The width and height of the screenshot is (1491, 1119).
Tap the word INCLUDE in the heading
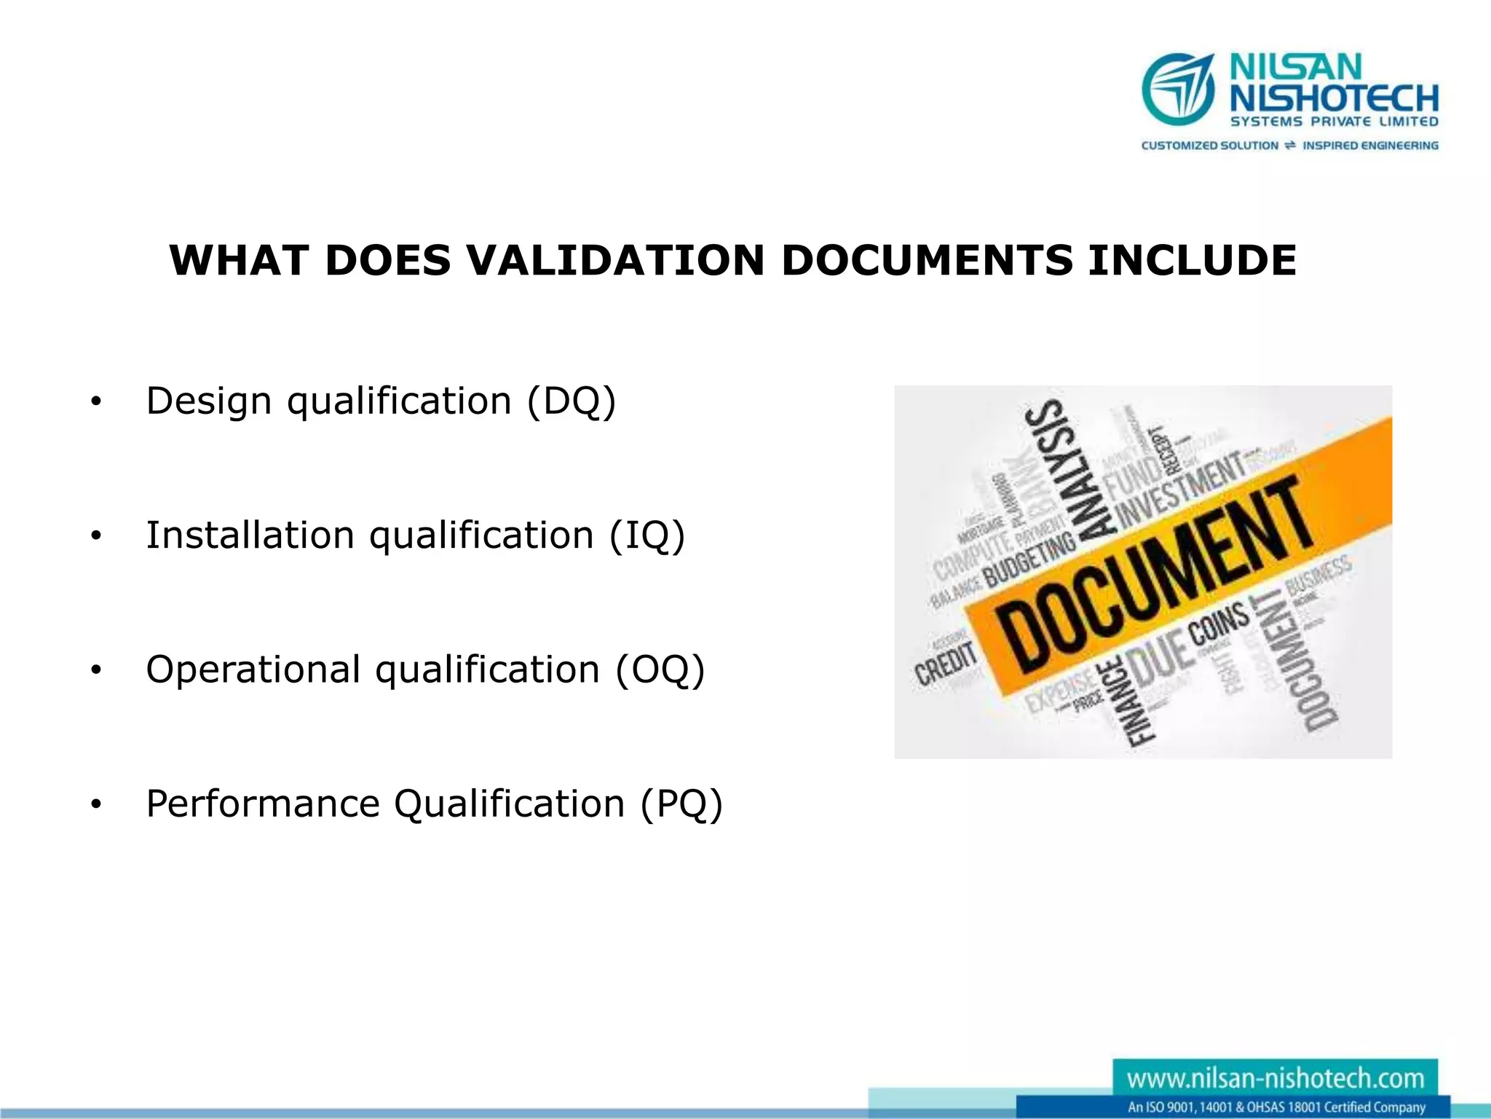click(x=1192, y=260)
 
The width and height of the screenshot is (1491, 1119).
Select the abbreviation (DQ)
click(x=571, y=401)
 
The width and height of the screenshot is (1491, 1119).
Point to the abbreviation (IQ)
click(x=646, y=535)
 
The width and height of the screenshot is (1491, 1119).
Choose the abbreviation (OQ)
click(x=660, y=670)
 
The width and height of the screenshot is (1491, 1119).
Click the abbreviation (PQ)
click(x=681, y=804)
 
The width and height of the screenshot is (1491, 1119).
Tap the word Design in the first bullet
click(x=209, y=401)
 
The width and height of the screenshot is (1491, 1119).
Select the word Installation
click(x=250, y=535)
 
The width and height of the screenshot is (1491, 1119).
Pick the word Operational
click(x=253, y=670)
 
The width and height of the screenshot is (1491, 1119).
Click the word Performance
click(x=262, y=804)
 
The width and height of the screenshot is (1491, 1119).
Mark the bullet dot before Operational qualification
click(x=95, y=670)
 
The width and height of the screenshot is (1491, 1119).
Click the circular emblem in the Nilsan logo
click(x=1178, y=89)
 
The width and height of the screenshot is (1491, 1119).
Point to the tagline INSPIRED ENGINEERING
click(x=1370, y=146)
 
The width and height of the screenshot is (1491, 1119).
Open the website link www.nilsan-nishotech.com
click(x=1275, y=1078)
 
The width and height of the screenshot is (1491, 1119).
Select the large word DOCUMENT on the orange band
click(x=1154, y=576)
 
